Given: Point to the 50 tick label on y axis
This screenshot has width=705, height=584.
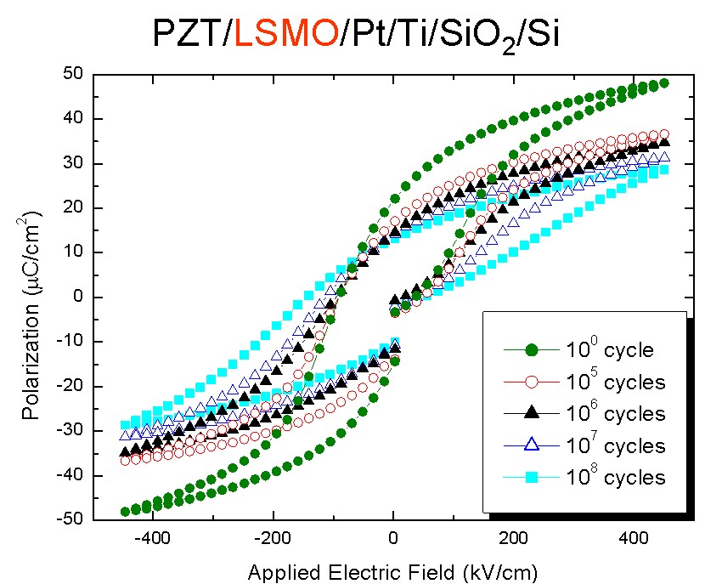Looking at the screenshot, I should pos(71,75).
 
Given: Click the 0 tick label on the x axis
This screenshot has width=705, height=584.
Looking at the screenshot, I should pos(393,538).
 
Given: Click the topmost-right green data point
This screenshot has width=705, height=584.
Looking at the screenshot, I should pos(664,83).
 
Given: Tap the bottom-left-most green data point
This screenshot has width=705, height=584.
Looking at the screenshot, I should pos(125,512).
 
